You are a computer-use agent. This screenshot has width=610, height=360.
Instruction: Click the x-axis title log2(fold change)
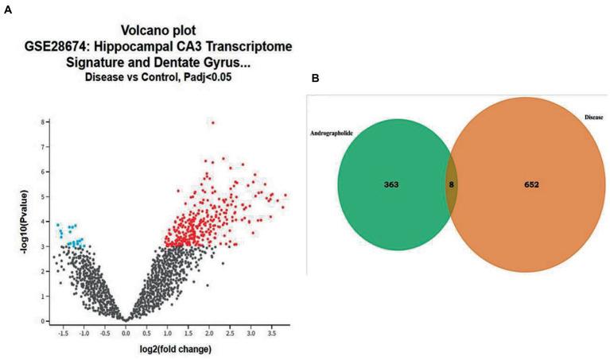pyautogui.click(x=164, y=347)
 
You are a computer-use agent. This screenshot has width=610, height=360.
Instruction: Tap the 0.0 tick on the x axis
pyautogui.click(x=126, y=330)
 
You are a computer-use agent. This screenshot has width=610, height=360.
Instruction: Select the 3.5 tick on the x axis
pyautogui.click(x=272, y=330)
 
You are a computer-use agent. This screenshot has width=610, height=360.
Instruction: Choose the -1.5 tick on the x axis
pyautogui.click(x=63, y=330)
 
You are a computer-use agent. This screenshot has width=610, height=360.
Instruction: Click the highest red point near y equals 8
pyautogui.click(x=212, y=122)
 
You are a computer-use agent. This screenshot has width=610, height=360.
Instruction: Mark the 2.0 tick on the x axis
pyautogui.click(x=209, y=330)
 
